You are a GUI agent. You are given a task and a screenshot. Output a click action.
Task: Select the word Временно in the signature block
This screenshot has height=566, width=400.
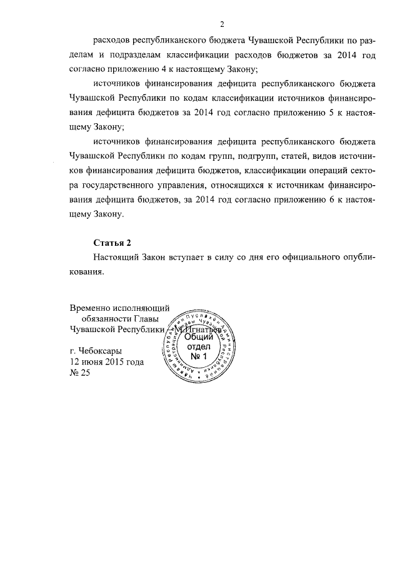pyautogui.click(x=90, y=308)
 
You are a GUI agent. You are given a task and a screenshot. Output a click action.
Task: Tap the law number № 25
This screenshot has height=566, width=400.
pyautogui.click(x=80, y=373)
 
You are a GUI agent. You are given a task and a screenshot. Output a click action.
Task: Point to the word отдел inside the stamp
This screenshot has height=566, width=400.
pyautogui.click(x=198, y=348)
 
